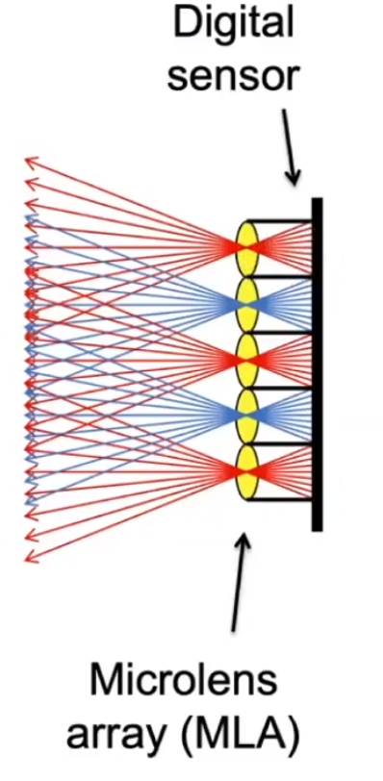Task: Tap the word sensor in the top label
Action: click(x=230, y=78)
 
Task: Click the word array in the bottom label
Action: click(x=113, y=737)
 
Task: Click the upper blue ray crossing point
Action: click(x=248, y=304)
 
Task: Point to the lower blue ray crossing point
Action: click(x=248, y=416)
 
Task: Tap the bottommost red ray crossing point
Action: click(x=248, y=471)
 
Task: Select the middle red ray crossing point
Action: click(x=248, y=360)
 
